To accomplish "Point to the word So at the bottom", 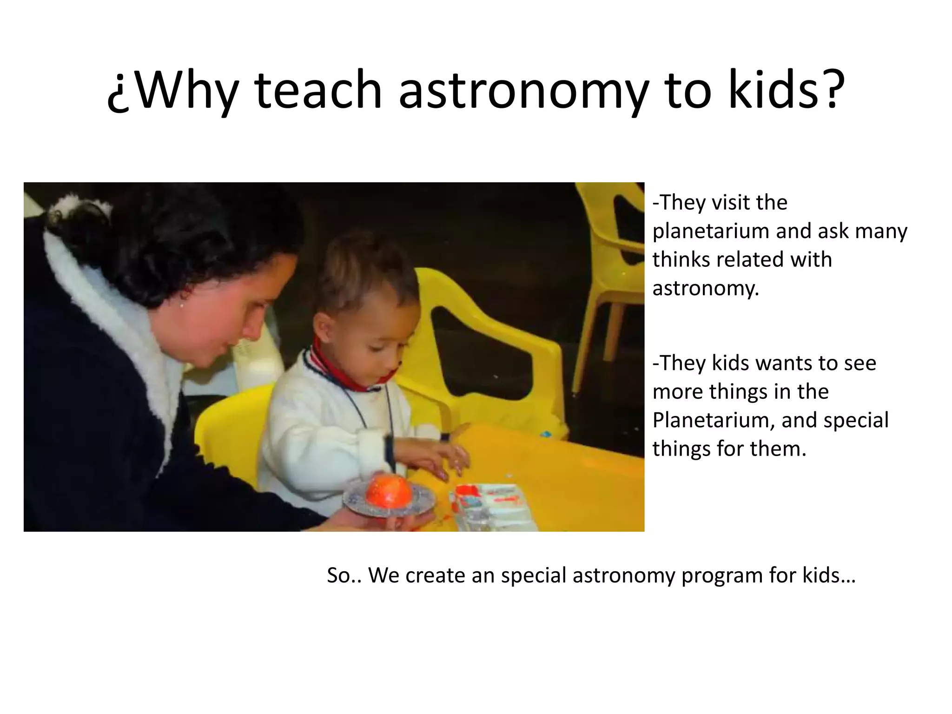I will [x=338, y=575].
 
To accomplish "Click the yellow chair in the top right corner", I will [x=609, y=260].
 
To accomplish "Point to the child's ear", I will [x=325, y=325].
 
